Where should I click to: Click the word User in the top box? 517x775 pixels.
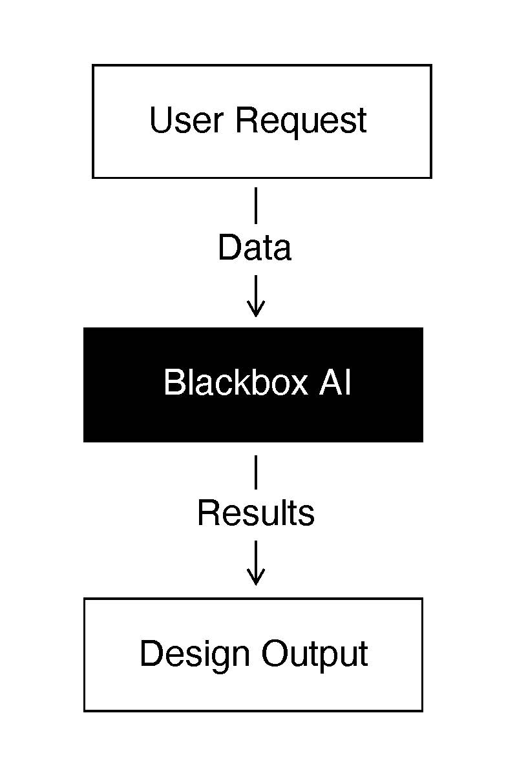(187, 121)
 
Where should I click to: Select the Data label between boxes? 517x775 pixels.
(255, 248)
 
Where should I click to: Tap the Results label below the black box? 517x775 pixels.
(256, 513)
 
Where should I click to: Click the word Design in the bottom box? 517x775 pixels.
(195, 655)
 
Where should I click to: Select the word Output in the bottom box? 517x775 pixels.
(315, 655)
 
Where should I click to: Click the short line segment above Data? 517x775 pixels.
(256, 205)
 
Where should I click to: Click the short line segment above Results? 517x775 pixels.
(256, 472)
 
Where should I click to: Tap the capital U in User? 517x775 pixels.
(160, 121)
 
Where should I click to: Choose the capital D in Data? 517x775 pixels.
(228, 248)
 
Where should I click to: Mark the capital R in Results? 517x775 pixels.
(208, 513)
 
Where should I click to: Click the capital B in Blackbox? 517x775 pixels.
(174, 382)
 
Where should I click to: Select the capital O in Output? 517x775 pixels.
(276, 654)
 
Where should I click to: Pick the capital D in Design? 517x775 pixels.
(151, 654)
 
